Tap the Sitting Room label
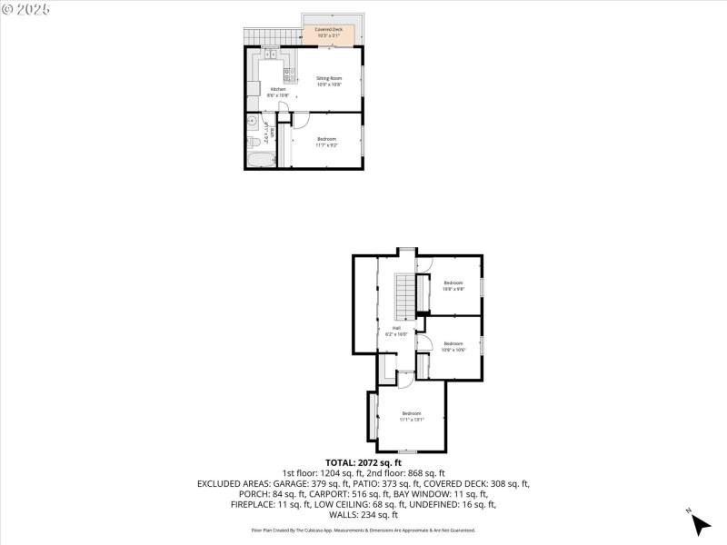click(x=329, y=82)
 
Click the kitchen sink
click(x=271, y=55)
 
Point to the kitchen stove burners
click(x=288, y=74)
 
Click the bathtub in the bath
click(x=260, y=161)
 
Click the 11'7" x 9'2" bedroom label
click(x=326, y=142)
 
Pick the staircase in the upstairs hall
click(x=402, y=292)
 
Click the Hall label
click(x=397, y=331)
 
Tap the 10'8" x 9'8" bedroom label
click(x=453, y=286)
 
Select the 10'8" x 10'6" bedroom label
click(x=453, y=346)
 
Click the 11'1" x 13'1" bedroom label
click(x=412, y=417)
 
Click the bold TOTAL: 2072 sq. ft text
click(x=363, y=462)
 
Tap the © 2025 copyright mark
click(x=26, y=9)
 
